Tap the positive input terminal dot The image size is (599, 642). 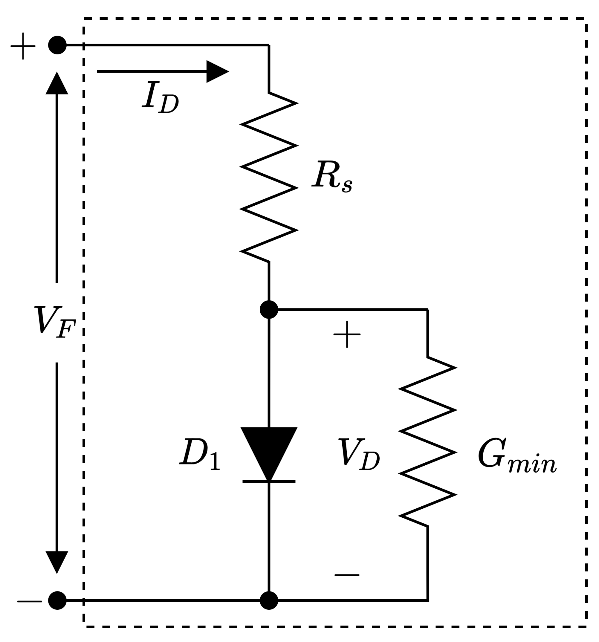pyautogui.click(x=57, y=45)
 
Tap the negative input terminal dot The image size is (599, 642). pyautogui.click(x=57, y=600)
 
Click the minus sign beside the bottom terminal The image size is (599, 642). pyautogui.click(x=29, y=601)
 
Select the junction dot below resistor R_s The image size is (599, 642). pyautogui.click(x=269, y=309)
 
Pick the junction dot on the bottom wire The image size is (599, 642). pyautogui.click(x=269, y=600)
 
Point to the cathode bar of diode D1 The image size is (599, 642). pyautogui.click(x=269, y=481)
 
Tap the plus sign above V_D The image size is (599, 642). pyautogui.click(x=347, y=334)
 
